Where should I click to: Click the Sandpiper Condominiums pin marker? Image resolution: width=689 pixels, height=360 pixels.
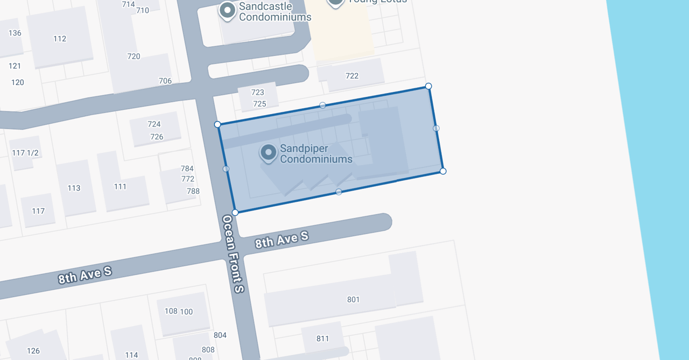click(x=268, y=152)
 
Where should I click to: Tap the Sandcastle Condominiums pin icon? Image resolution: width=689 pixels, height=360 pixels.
click(x=228, y=10)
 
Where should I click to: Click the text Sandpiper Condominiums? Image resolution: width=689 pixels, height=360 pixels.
click(x=316, y=154)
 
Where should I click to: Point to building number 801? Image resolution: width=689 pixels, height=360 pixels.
click(x=353, y=300)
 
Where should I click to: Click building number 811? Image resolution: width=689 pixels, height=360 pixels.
click(x=322, y=338)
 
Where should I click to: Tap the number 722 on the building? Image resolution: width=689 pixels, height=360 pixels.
click(x=352, y=76)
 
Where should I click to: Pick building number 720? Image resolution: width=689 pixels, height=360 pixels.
click(x=133, y=57)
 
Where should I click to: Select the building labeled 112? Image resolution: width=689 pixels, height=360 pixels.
click(x=60, y=39)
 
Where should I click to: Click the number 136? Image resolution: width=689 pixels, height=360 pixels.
click(x=15, y=33)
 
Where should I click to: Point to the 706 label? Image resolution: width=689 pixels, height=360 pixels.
click(x=165, y=81)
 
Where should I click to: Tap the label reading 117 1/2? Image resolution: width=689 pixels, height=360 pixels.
click(x=25, y=153)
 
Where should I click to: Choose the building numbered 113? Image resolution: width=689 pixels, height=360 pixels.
click(x=74, y=188)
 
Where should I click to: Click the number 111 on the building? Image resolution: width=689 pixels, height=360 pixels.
click(x=120, y=187)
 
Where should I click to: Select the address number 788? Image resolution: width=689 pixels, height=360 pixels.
click(x=193, y=191)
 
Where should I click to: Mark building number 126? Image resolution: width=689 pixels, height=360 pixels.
click(x=33, y=351)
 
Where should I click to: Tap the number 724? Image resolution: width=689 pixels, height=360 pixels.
click(x=154, y=124)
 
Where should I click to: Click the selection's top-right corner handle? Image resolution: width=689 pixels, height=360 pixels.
click(x=428, y=86)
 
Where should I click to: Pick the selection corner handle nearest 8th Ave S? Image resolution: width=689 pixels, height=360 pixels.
click(x=235, y=213)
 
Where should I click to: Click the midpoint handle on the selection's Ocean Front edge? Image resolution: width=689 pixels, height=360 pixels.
click(x=226, y=169)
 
